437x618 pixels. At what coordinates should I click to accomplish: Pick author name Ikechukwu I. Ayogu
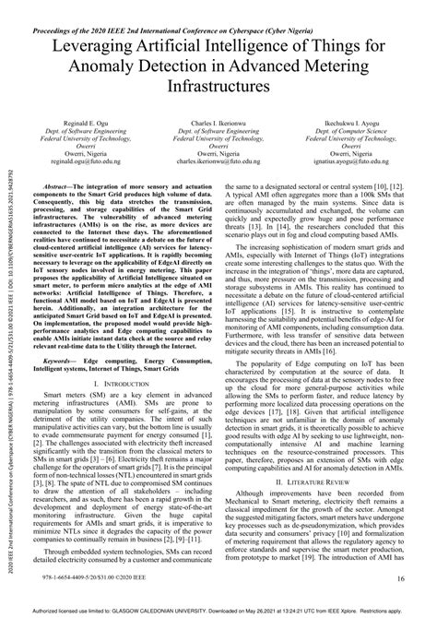pyautogui.click(x=346, y=120)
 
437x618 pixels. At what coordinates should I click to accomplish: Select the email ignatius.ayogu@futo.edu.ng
pyautogui.click(x=346, y=160)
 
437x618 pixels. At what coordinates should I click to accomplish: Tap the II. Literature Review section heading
pyautogui.click(x=330, y=506)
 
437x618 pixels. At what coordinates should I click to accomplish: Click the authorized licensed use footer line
pyautogui.click(x=218, y=610)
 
